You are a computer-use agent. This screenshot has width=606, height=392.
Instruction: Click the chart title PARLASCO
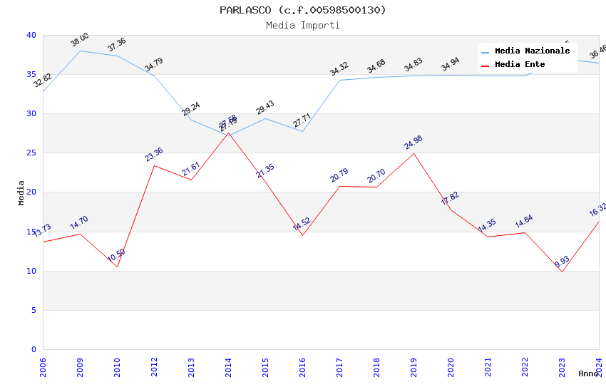[x=302, y=10]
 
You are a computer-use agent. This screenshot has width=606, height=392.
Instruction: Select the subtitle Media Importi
[x=302, y=25]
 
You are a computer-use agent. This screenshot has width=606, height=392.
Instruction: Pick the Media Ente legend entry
[x=520, y=65]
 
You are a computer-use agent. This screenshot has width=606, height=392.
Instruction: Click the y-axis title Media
[x=21, y=192]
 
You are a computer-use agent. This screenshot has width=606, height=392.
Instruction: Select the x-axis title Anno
[x=588, y=373]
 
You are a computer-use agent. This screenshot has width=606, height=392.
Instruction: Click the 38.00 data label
[x=79, y=40]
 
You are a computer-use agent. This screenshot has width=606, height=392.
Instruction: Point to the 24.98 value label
[x=414, y=143]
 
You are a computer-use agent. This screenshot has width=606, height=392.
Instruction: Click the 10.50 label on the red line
[x=116, y=256]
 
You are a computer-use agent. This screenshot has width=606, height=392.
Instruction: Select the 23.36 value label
[x=154, y=155]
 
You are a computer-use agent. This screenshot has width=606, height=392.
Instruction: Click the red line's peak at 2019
[x=414, y=153]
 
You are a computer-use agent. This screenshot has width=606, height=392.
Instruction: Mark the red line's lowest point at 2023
[x=562, y=272]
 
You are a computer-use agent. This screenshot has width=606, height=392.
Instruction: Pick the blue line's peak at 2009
[x=80, y=51]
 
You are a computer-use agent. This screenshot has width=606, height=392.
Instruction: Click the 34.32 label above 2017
[x=339, y=69]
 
